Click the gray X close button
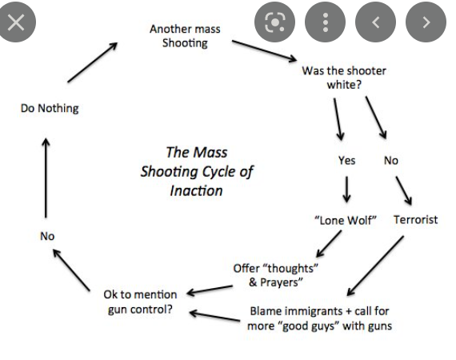point(16,22)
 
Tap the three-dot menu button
point(325,22)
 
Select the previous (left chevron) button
point(375,22)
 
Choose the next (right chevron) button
point(426,22)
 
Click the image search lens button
point(274,22)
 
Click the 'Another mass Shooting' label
point(185,36)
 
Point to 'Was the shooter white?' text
point(344,78)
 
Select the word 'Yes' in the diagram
point(346,160)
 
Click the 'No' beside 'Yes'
point(391,160)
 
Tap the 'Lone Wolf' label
point(346,221)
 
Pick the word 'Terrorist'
point(415,220)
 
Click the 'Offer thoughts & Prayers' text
point(275,275)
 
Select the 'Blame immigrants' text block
point(319,318)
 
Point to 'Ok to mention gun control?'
point(140,302)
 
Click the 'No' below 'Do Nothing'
point(47,236)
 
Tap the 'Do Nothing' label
point(50,109)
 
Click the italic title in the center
point(197,171)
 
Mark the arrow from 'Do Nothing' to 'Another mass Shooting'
point(93,62)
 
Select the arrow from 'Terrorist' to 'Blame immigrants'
point(375,266)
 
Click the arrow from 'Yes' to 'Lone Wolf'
point(346,190)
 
